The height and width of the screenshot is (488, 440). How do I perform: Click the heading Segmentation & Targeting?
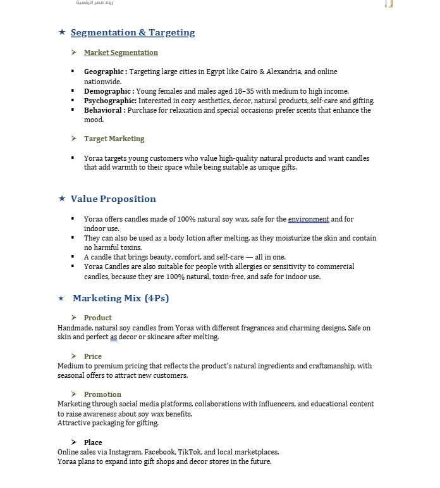[x=133, y=33]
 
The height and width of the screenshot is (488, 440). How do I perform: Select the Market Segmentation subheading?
[x=121, y=53]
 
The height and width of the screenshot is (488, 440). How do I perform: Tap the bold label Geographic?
[x=105, y=72]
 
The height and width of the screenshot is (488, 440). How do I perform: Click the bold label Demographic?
[x=109, y=91]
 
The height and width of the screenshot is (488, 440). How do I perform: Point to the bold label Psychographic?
[x=110, y=101]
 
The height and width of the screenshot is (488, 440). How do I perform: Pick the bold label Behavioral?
[x=104, y=110]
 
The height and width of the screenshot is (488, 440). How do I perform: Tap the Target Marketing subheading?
[x=114, y=139]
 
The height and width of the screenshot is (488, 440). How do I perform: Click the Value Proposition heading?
[x=113, y=199]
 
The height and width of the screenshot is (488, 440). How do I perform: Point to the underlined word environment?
[x=309, y=219]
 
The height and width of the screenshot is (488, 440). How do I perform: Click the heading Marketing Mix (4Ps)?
[x=121, y=298]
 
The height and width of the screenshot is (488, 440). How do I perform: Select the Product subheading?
[x=98, y=318]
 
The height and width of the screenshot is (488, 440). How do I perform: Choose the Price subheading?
[x=93, y=356]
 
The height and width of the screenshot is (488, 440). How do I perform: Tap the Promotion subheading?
[x=102, y=394]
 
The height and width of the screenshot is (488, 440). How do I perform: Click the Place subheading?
[x=93, y=442]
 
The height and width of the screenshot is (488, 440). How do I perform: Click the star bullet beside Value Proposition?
[x=61, y=199]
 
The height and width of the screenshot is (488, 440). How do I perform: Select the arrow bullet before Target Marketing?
[x=74, y=139]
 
